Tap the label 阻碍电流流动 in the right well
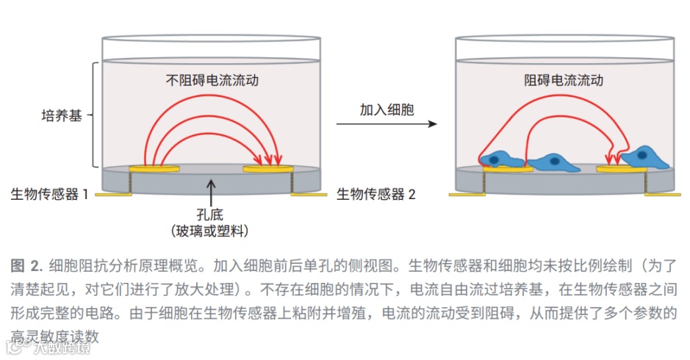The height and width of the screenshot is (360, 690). click(x=564, y=79)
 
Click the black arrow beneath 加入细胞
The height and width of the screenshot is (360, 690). click(x=387, y=124)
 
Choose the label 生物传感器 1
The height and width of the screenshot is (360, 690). click(x=49, y=195)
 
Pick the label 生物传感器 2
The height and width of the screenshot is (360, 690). click(x=375, y=195)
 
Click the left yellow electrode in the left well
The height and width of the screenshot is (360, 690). click(x=154, y=169)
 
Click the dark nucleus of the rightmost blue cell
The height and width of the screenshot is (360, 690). click(x=643, y=155)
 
